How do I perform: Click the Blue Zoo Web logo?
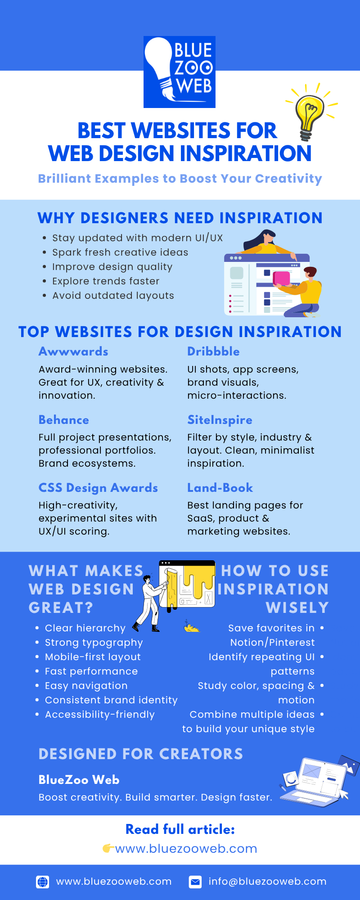click(179, 72)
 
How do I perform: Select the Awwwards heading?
click(73, 351)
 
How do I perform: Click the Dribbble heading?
click(213, 351)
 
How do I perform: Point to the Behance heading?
click(64, 420)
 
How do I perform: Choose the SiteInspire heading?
click(220, 420)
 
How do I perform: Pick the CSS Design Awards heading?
click(98, 488)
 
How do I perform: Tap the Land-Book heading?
click(220, 488)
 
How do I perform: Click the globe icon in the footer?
click(43, 882)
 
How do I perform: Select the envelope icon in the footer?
click(195, 882)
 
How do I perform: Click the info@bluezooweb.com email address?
click(267, 882)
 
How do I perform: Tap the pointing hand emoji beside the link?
click(108, 849)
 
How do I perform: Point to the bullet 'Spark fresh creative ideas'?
click(120, 252)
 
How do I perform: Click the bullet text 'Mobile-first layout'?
click(93, 657)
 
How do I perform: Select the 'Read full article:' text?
click(180, 829)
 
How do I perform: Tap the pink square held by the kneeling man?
click(282, 278)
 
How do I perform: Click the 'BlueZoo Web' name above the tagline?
click(79, 780)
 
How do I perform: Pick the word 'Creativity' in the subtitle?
click(288, 179)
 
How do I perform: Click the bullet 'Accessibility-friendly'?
click(99, 715)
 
